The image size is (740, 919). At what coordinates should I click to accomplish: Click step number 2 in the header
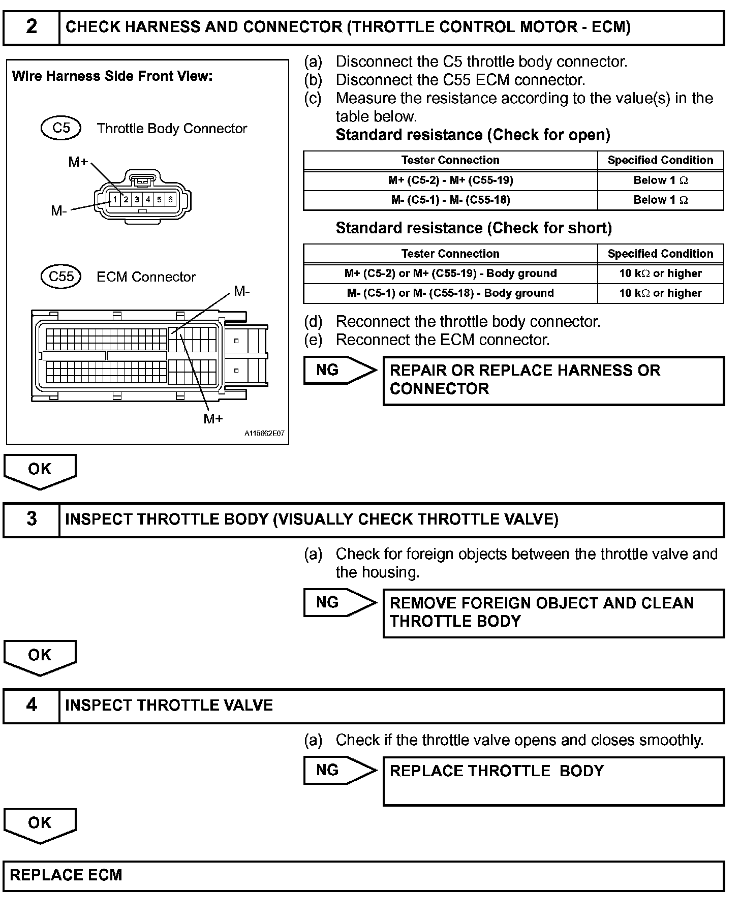pyautogui.click(x=32, y=27)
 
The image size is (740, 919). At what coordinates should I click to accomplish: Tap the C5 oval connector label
pyautogui.click(x=61, y=128)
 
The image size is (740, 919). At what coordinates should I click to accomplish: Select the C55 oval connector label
pyautogui.click(x=61, y=277)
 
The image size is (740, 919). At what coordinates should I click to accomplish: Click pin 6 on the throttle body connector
pyautogui.click(x=170, y=199)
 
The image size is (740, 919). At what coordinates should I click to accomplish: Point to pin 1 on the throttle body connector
pyautogui.click(x=115, y=199)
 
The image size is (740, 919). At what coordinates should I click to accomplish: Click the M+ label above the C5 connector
pyautogui.click(x=78, y=162)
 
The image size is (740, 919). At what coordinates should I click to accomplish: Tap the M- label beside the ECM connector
pyautogui.click(x=241, y=291)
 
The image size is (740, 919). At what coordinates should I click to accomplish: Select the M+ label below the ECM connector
pyautogui.click(x=213, y=418)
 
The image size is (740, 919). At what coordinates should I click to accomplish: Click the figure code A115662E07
pyautogui.click(x=264, y=434)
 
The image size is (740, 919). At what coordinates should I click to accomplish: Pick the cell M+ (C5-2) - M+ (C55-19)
pyautogui.click(x=450, y=180)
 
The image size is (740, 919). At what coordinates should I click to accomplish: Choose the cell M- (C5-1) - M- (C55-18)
pyautogui.click(x=450, y=200)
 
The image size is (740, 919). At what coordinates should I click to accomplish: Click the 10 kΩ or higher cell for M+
pyautogui.click(x=660, y=273)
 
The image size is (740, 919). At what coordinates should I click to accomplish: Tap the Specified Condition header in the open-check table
pyautogui.click(x=660, y=161)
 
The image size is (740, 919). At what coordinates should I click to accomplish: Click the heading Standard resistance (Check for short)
pyautogui.click(x=474, y=228)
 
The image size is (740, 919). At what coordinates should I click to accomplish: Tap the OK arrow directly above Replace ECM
pyautogui.click(x=40, y=824)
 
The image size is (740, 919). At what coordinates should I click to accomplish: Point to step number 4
pyautogui.click(x=32, y=705)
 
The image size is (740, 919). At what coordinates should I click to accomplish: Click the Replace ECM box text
pyautogui.click(x=66, y=875)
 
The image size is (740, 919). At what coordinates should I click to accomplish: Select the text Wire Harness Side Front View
pyautogui.click(x=112, y=76)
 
